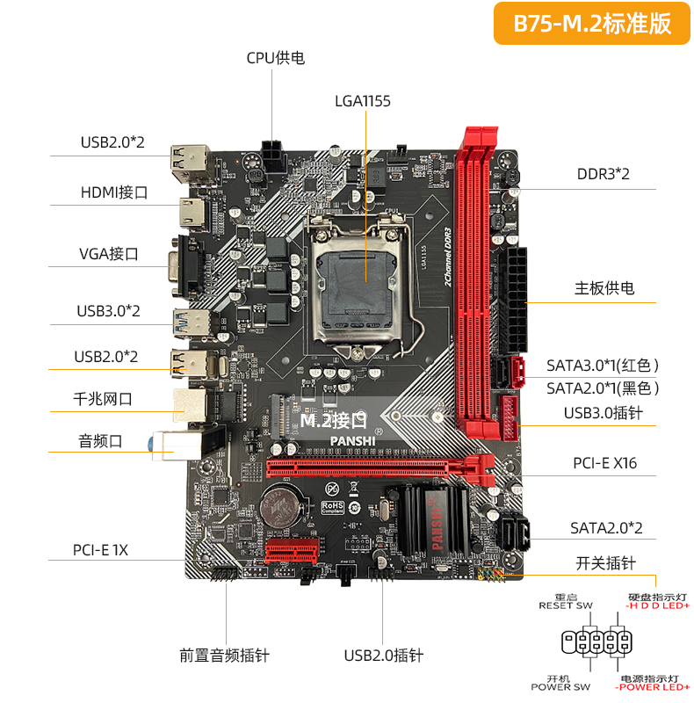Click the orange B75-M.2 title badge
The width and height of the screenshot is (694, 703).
pyautogui.click(x=592, y=24)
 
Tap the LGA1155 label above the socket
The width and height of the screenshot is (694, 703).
pyautogui.click(x=363, y=101)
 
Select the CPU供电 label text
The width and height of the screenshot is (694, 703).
pyautogui.click(x=276, y=58)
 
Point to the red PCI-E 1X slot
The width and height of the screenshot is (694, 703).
pyautogui.click(x=292, y=550)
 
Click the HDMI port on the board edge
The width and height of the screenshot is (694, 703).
pyautogui.click(x=192, y=213)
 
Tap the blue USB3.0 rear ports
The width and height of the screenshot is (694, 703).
pyautogui.click(x=192, y=323)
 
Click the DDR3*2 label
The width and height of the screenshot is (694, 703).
pyautogui.click(x=603, y=174)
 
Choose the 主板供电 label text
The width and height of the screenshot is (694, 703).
pyautogui.click(x=604, y=288)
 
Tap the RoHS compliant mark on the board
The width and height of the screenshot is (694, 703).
pyautogui.click(x=333, y=508)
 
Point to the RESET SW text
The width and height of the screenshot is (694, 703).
pyautogui.click(x=566, y=605)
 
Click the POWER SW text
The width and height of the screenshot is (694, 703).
pyautogui.click(x=560, y=687)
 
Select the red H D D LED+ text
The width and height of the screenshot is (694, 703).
pyautogui.click(x=658, y=605)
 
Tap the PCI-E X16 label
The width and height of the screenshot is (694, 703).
pyautogui.click(x=604, y=463)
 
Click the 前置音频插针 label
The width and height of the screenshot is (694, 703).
pyautogui.click(x=225, y=656)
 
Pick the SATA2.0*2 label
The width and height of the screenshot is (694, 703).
pyautogui.click(x=606, y=528)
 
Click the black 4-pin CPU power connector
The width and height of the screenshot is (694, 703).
pyautogui.click(x=272, y=156)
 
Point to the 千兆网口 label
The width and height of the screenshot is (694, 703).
pyautogui.click(x=103, y=399)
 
